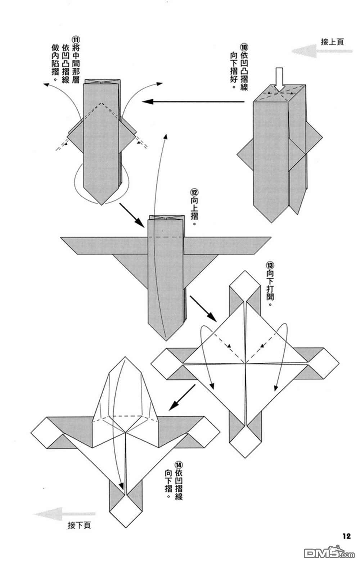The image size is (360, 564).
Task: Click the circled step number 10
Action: pos(244,47)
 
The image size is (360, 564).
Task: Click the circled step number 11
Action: pos(76,40)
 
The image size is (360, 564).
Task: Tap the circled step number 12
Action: pos(194,193)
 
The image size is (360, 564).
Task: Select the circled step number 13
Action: pos(270,265)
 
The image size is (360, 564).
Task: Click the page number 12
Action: pos(346,536)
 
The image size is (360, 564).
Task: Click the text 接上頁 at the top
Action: pos(332,42)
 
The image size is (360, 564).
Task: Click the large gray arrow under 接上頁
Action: pos(322,51)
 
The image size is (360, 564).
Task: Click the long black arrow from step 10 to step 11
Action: pos(193,102)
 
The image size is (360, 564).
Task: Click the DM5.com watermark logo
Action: pos(329,553)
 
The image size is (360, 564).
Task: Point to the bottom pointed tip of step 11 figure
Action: pos(102,205)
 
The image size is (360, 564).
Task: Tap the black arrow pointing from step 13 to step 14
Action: pos(182,397)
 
